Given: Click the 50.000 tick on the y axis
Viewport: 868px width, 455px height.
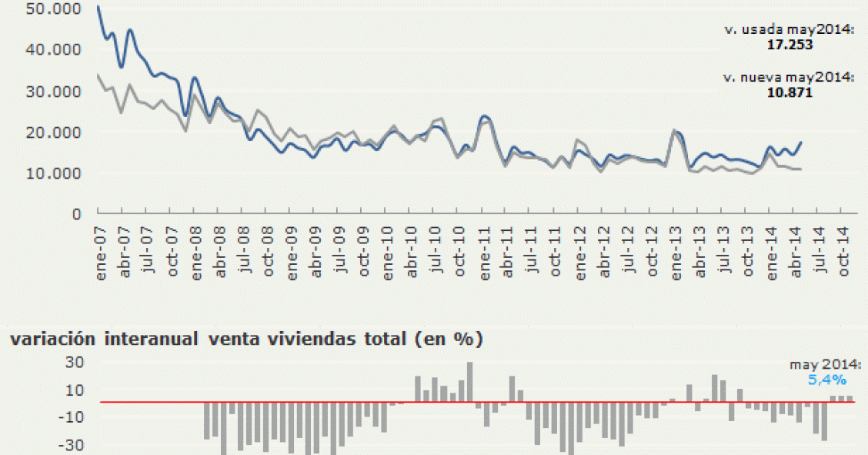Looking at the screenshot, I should coord(52,8).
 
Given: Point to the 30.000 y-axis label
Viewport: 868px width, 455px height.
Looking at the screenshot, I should coord(52,91).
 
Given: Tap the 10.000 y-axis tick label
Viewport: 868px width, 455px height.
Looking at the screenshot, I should coord(52,173).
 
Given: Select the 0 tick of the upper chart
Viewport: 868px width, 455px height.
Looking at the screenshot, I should coord(76,214).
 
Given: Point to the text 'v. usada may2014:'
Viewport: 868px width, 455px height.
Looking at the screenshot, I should coord(789,30).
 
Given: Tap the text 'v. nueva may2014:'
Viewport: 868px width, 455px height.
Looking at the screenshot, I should coord(789,78).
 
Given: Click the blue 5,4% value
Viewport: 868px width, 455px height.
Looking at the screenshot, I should coord(827,380).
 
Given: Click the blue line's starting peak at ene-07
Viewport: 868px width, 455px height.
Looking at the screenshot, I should coord(98,7).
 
